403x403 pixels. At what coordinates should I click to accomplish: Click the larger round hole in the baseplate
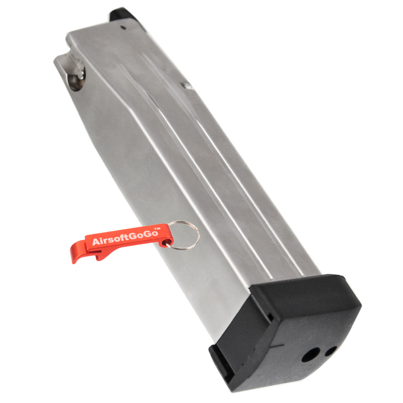311,355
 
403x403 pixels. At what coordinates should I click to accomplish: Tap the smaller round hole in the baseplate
331,351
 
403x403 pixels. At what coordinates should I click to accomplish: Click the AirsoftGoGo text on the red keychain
125,237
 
